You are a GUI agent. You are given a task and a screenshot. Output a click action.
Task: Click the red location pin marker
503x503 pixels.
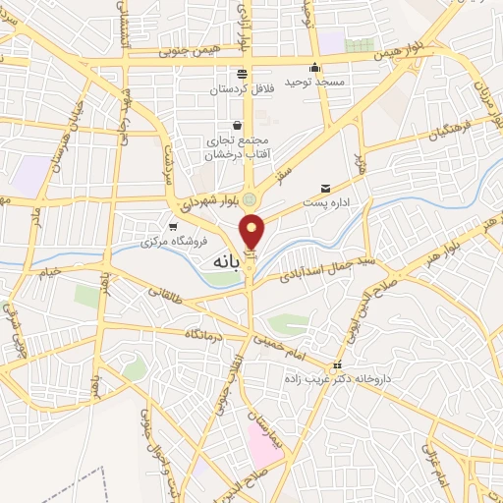coord(253,232)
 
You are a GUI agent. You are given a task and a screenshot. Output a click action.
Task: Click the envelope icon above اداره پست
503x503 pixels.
coord(325,188)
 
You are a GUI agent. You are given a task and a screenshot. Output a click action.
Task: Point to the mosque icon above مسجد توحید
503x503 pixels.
coord(314,68)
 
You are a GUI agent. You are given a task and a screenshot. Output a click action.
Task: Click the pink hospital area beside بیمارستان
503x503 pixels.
coord(263,448)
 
